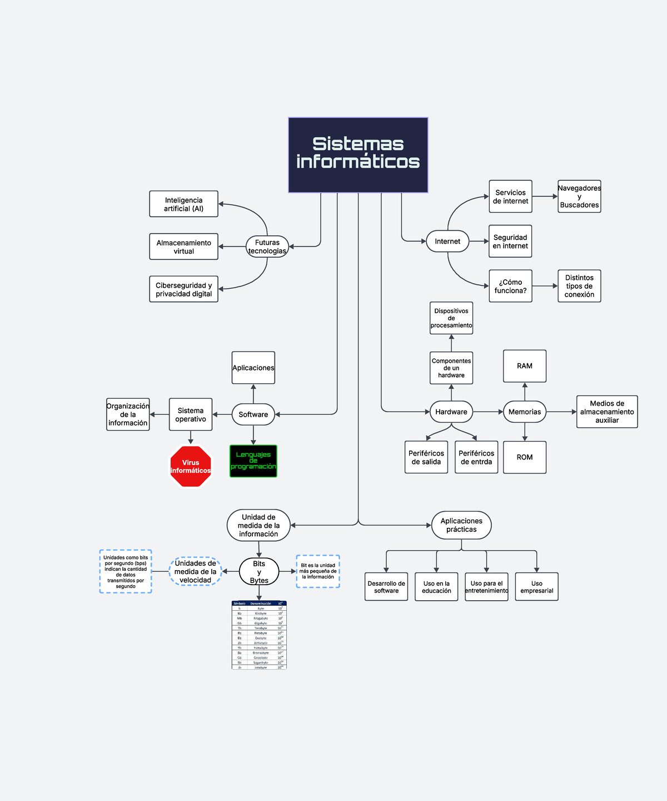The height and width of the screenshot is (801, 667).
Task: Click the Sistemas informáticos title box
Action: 358,155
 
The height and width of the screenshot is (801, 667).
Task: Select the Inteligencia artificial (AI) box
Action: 183,204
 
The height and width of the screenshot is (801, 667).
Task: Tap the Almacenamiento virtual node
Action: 183,247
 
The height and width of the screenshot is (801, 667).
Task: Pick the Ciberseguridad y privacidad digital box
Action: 183,289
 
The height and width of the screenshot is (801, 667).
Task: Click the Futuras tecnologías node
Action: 267,246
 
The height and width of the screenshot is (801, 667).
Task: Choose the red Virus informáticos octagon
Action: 191,467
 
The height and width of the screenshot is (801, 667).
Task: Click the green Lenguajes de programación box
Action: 253,461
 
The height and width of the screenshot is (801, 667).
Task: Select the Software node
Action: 253,414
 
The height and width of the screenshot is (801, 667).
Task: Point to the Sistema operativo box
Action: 191,414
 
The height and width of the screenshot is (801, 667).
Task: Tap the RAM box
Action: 525,366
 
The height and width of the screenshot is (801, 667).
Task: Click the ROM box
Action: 525,457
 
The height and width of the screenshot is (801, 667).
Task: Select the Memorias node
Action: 525,412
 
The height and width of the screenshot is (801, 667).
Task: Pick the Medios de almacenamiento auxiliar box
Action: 607,412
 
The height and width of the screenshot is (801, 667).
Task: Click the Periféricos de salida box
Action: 426,457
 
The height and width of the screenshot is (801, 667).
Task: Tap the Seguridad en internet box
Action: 510,241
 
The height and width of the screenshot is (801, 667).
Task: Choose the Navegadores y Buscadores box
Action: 579,196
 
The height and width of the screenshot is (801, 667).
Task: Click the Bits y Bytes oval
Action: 259,572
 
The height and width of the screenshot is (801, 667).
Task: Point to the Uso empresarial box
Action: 536,587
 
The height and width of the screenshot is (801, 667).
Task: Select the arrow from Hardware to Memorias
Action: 488,412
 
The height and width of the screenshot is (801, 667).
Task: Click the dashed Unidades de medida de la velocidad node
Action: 195,571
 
